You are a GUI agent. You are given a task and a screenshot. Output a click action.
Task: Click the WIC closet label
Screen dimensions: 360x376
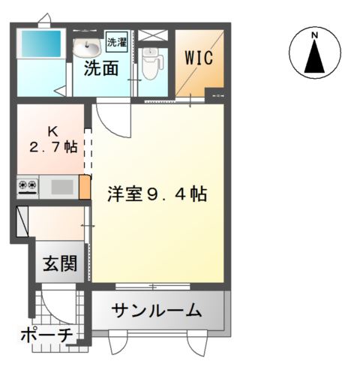pos(199,58)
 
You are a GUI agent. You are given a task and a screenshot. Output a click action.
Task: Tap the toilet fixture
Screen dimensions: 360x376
pos(151,64)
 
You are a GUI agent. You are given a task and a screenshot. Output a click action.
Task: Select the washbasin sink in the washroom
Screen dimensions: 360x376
pos(87,47)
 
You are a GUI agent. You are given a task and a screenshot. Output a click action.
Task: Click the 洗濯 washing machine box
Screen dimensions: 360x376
pos(117,42)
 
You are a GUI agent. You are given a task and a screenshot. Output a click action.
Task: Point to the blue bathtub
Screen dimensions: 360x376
pos(41,44)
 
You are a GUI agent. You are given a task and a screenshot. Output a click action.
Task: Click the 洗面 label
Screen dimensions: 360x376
pos(101,68)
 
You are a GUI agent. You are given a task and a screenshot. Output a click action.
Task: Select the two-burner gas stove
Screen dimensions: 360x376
pos(28,187)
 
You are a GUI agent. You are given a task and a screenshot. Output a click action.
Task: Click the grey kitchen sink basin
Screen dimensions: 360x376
pos(62,187)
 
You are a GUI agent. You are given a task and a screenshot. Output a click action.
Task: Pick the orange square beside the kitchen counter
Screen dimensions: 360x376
pos(85,187)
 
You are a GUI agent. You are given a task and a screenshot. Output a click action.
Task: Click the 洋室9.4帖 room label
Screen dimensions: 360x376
pos(157,194)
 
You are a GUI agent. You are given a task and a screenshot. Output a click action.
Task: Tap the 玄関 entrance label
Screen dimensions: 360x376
pos(60,263)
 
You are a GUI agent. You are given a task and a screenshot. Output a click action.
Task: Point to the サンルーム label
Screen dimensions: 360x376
pos(157,310)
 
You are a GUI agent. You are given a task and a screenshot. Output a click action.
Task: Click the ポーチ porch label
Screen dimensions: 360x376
pos(46,335)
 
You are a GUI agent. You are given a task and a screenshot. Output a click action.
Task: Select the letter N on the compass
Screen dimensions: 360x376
pos(315,35)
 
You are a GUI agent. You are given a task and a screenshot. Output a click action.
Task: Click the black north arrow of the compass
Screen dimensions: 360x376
pos(315,56)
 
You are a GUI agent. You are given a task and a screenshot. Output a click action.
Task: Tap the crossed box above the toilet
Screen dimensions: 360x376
pos(152,35)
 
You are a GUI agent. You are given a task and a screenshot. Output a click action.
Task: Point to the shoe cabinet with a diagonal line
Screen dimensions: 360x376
pos(22,221)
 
